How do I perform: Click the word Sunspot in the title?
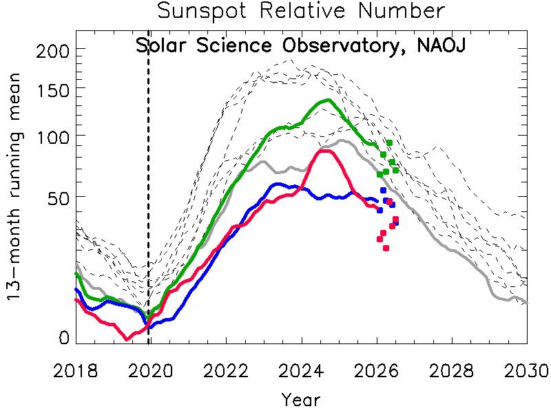[202, 11]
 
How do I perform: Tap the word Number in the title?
[402, 10]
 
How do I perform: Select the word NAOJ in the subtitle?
[441, 45]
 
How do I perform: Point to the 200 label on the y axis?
[53, 52]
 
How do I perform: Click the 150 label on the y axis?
[53, 91]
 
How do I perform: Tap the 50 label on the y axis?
[59, 199]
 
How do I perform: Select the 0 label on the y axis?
[64, 338]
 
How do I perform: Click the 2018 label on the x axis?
[75, 371]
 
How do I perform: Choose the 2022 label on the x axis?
[226, 371]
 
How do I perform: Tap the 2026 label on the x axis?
[376, 371]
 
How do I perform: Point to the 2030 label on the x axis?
[527, 371]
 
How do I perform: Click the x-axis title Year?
[301, 400]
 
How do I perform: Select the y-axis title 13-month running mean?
[14, 187]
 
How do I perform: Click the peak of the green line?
[329, 100]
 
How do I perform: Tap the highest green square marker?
[389, 143]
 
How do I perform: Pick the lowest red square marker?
[386, 248]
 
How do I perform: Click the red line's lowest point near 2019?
[127, 339]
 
